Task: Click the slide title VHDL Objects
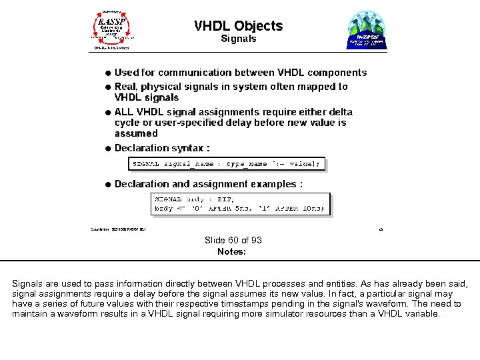coord(238,26)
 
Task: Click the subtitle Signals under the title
coord(238,39)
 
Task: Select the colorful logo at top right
coord(367,31)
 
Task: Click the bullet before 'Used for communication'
coord(107,73)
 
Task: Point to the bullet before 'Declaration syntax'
coord(107,148)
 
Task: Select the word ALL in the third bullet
coord(125,112)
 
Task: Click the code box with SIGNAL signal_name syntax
coord(227,163)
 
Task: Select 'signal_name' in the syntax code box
coord(191,163)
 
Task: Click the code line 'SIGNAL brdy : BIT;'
coord(190,199)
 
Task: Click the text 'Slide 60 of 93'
coord(233,240)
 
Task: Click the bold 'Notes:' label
coord(231,251)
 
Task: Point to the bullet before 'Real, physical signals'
coord(107,87)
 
